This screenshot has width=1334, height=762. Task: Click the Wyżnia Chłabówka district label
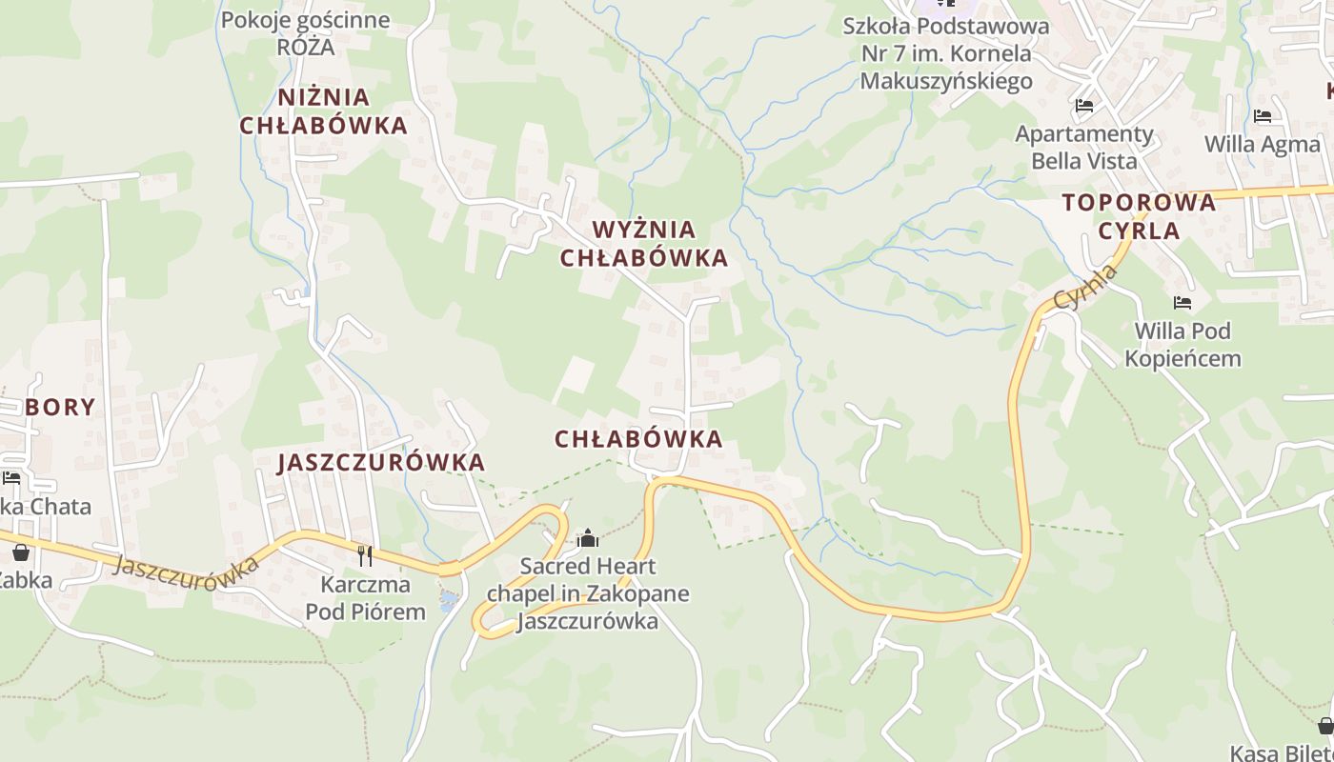(644, 244)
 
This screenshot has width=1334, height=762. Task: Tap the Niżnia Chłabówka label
(323, 111)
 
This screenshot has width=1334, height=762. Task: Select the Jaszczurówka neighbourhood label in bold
(381, 463)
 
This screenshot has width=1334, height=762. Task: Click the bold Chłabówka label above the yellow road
(638, 439)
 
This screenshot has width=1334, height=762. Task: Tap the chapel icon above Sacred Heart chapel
(588, 539)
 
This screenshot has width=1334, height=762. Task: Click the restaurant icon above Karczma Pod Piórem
(365, 555)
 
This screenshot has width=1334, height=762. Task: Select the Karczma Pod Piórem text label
(365, 597)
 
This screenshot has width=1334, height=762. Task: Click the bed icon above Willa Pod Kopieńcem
(1182, 303)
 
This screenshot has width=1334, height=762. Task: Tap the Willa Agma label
(1263, 145)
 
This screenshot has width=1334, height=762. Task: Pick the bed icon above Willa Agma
(1263, 116)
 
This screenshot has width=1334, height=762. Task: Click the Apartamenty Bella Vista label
(1084, 147)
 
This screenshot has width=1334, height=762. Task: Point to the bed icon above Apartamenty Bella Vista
(1083, 105)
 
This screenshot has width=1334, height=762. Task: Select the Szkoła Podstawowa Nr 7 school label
(945, 53)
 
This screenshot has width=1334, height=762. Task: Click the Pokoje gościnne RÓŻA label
(305, 33)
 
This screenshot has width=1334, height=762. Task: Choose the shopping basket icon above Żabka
(21, 551)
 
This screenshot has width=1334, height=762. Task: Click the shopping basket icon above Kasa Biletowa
(1325, 726)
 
